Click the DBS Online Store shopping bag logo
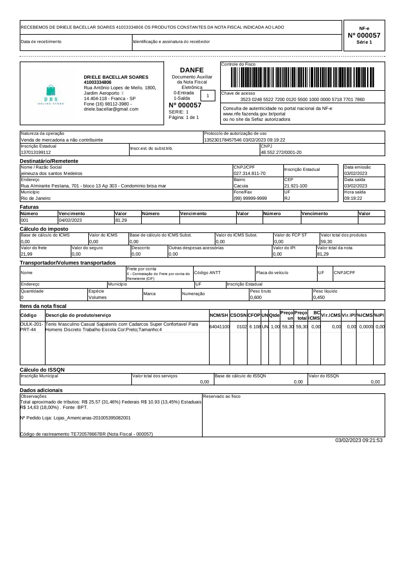click(x=51, y=92)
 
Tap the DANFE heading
click(x=192, y=70)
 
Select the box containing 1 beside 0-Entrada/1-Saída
click(x=208, y=96)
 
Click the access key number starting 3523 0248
click(x=302, y=99)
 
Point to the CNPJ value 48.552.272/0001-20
click(x=281, y=152)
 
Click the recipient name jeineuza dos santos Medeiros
click(x=52, y=173)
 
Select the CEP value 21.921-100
click(x=296, y=186)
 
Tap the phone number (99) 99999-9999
click(x=250, y=198)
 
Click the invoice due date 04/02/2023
click(x=70, y=220)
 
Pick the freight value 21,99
click(x=26, y=254)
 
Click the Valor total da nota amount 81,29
click(x=323, y=254)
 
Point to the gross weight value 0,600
click(x=256, y=297)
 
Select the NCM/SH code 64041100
click(x=220, y=327)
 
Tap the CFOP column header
click(x=254, y=315)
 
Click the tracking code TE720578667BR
click(x=88, y=434)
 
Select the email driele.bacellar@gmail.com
click(x=111, y=109)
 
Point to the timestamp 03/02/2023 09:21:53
click(x=358, y=440)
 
